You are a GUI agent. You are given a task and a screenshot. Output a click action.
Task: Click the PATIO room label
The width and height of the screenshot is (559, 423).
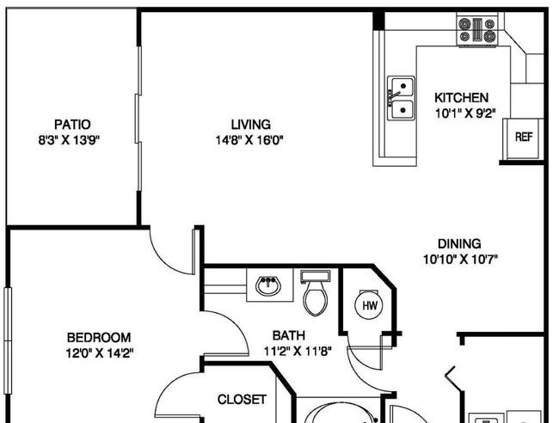72,125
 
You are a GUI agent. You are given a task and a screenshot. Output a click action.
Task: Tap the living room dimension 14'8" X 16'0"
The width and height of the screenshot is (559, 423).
249,140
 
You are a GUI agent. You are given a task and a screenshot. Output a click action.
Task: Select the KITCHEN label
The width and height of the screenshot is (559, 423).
461,98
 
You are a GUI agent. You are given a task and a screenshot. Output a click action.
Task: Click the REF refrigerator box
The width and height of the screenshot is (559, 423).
524,139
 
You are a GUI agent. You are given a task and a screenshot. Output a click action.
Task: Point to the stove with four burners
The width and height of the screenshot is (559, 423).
477,30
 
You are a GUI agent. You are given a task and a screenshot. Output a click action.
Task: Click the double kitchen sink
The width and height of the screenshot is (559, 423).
401,98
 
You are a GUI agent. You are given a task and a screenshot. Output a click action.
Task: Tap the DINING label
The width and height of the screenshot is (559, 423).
459,244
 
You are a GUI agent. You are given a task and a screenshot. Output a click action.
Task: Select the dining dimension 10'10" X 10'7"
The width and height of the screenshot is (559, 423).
460,260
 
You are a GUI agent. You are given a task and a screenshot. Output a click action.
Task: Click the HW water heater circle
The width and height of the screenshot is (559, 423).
370,305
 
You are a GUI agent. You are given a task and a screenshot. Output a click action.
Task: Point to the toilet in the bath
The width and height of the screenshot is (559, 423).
316,292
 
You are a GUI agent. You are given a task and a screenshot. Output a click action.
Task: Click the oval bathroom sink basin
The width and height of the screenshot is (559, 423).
268,285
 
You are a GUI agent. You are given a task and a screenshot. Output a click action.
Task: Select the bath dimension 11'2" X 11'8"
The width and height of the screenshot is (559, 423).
298,352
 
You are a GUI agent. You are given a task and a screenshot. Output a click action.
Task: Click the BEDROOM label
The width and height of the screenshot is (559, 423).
99,338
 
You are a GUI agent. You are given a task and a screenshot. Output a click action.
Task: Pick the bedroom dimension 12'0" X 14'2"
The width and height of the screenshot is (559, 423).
100,353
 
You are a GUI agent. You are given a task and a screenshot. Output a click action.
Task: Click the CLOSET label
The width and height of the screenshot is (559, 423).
242,400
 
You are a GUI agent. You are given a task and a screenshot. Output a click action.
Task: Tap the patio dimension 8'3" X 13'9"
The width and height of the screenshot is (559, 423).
69,140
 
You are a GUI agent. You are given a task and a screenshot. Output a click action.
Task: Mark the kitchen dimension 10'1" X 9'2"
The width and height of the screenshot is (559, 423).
465,113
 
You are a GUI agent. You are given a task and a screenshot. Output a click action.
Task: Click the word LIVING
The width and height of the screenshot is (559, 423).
250,125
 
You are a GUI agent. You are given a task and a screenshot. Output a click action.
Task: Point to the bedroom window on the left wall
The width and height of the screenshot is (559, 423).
8,340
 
